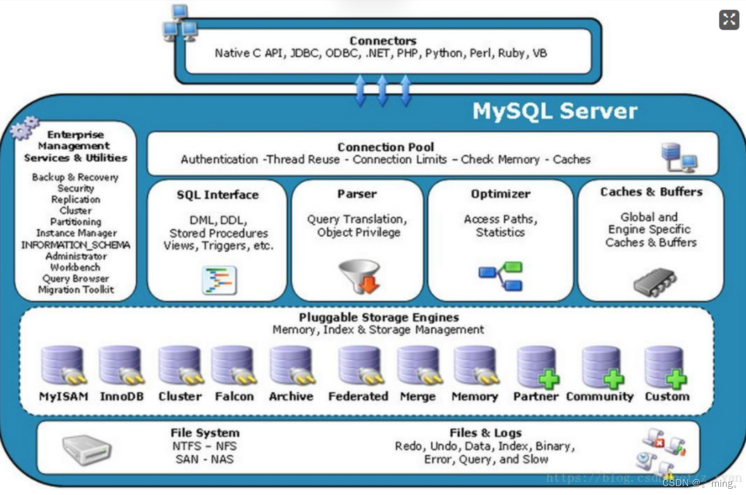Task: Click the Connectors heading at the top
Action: pos(382,41)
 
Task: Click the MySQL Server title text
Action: pos(554,111)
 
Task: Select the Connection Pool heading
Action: pos(385,147)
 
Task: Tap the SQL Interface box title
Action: pos(217,195)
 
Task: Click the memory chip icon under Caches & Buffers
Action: pos(654,282)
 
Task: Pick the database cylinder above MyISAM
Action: pos(63,365)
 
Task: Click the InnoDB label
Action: pos(121,396)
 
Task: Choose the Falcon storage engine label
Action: pos(234,396)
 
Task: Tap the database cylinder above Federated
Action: pos(359,365)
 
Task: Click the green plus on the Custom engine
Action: pos(676,379)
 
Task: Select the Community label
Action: pos(599,396)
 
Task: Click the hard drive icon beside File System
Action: pos(87,449)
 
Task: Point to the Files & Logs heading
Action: pos(486,433)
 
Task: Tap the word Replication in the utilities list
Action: pos(76,199)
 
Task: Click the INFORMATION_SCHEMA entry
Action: pos(76,245)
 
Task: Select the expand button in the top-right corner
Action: pos(729,20)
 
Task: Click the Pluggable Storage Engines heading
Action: pos(379,317)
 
